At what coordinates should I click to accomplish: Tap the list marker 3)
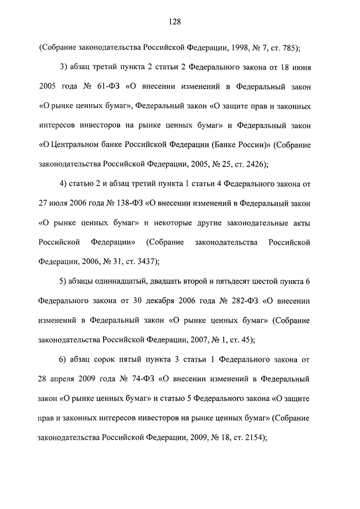[x=64, y=67]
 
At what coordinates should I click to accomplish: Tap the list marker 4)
[x=64, y=184]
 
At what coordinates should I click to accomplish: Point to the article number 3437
[x=145, y=262]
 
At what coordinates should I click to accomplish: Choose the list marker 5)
[x=64, y=281]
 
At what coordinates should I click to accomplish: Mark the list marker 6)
[x=64, y=359]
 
